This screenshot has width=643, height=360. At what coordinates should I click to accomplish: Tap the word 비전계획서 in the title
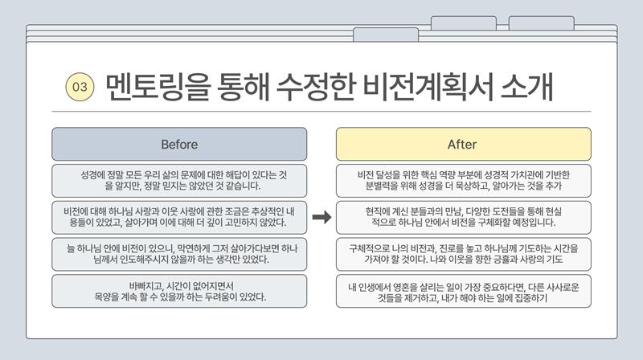[x=415, y=85]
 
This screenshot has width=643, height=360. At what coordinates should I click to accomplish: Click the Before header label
[x=179, y=145]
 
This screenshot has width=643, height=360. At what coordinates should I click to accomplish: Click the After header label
[x=462, y=145]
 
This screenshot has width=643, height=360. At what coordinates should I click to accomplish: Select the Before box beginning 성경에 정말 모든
[x=179, y=181]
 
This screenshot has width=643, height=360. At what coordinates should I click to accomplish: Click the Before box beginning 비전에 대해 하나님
[x=179, y=217]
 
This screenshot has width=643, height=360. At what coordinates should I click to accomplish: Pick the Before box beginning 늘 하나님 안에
[x=179, y=254]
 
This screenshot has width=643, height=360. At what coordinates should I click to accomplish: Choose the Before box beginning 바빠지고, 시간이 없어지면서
[x=179, y=291]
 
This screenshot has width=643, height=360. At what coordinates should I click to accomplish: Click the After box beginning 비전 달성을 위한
[x=462, y=181]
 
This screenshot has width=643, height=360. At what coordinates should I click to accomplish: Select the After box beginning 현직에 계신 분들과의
[x=462, y=217]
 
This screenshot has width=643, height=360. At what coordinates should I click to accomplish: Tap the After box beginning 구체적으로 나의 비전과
[x=462, y=254]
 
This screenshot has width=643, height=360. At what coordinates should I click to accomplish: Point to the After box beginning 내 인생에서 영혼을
[x=462, y=291]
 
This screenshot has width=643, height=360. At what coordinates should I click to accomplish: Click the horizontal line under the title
[x=321, y=111]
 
